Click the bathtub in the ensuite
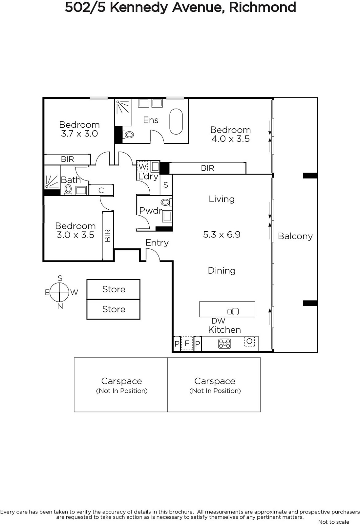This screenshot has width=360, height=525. [x=176, y=121]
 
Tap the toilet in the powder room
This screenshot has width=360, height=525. [x=166, y=202]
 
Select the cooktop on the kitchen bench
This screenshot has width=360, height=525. [x=224, y=344]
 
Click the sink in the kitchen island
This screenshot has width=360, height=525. [x=233, y=311]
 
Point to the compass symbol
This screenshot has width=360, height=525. [x=59, y=292]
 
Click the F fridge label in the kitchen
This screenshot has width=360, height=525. [x=187, y=343]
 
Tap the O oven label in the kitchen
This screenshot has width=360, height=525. [x=249, y=341]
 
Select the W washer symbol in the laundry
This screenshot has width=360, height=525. [x=142, y=167]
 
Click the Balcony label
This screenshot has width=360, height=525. [x=295, y=236]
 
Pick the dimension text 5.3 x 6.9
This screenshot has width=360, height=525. [x=222, y=234]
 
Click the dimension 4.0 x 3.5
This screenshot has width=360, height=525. [x=231, y=139]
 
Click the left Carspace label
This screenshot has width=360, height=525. [x=122, y=381]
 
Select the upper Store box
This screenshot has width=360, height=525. [x=114, y=289]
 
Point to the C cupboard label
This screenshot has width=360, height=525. [x=101, y=190]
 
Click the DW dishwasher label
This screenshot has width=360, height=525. [x=218, y=321]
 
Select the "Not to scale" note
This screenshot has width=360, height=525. [x=333, y=522]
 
